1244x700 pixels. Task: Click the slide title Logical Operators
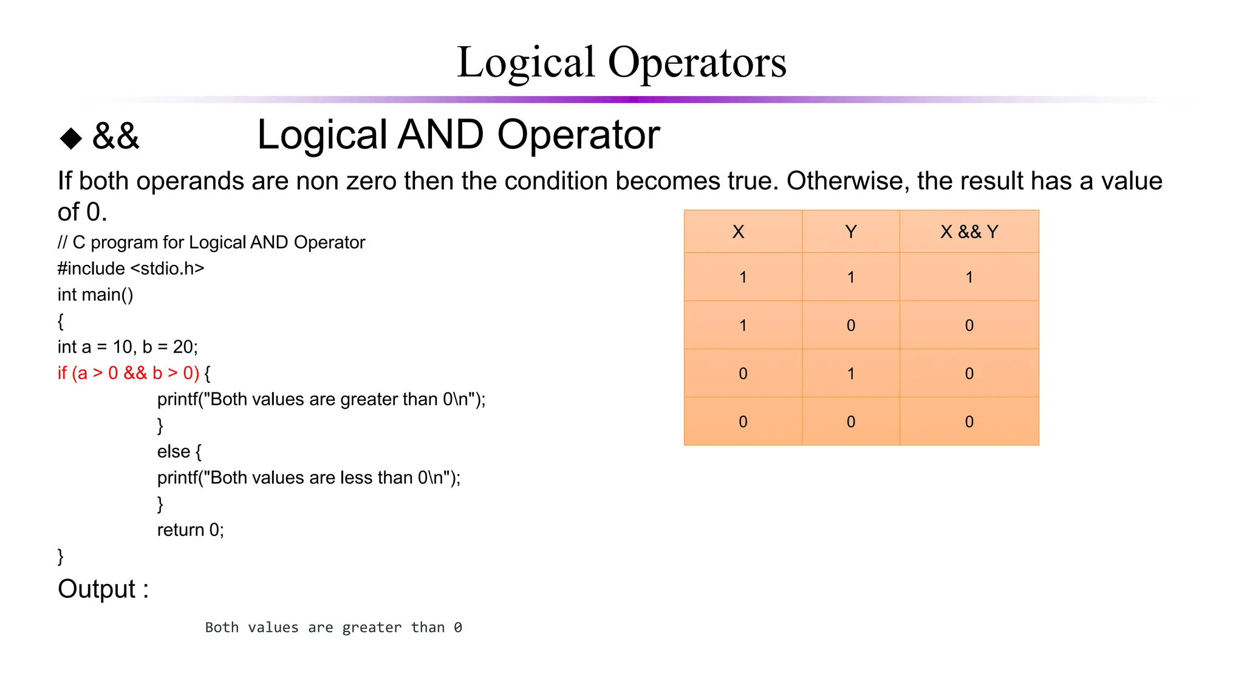621,63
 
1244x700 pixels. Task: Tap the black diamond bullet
71,138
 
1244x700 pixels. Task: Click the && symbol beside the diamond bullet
115,136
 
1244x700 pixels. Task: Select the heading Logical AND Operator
458,135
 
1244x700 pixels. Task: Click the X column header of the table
738,232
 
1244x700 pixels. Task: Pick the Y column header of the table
850,232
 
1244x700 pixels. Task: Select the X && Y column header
969,232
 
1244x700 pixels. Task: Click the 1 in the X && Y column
969,277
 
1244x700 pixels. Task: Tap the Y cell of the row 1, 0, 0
850,325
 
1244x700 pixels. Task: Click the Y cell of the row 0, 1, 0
850,373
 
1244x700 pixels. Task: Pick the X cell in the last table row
742,422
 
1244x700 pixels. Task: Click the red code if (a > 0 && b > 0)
128,373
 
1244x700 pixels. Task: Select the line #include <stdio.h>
131,269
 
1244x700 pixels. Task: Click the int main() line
95,295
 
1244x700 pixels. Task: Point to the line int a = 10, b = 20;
128,347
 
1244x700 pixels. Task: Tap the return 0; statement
190,530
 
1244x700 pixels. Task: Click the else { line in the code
179,451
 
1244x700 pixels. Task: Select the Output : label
103,589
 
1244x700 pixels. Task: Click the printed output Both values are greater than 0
333,627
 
